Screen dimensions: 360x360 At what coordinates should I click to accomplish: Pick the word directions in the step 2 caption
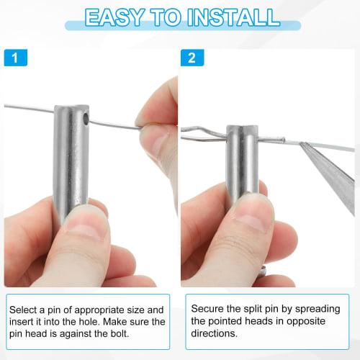215,333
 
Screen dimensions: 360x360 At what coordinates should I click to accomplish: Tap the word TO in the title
171,17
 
